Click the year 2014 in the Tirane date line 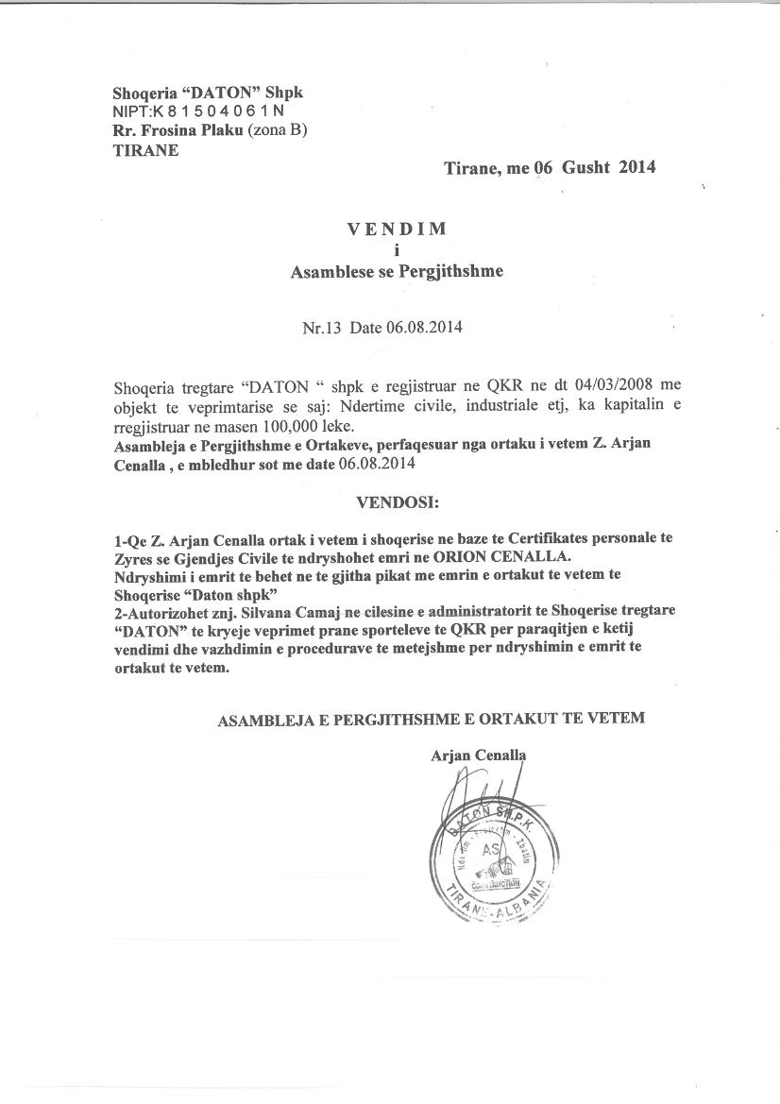636,168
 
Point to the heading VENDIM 396,229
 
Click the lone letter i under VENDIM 397,250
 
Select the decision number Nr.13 320,329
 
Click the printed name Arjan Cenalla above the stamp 479,755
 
